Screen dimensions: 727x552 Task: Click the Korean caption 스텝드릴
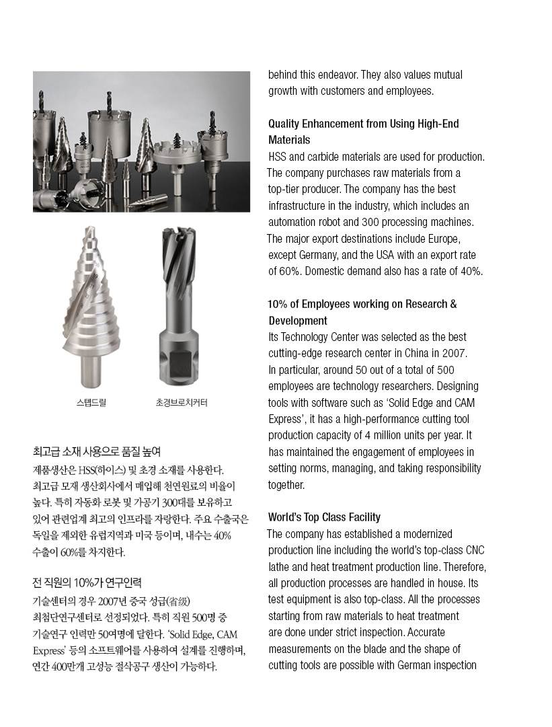[x=91, y=403]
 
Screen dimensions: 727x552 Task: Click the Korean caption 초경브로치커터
[x=182, y=403]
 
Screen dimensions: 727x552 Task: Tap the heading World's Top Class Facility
[x=324, y=517]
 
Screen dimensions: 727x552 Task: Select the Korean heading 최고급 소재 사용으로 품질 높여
[x=97, y=451]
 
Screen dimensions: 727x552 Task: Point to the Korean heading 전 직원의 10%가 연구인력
[x=87, y=582]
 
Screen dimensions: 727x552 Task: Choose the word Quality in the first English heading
[x=286, y=124]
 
